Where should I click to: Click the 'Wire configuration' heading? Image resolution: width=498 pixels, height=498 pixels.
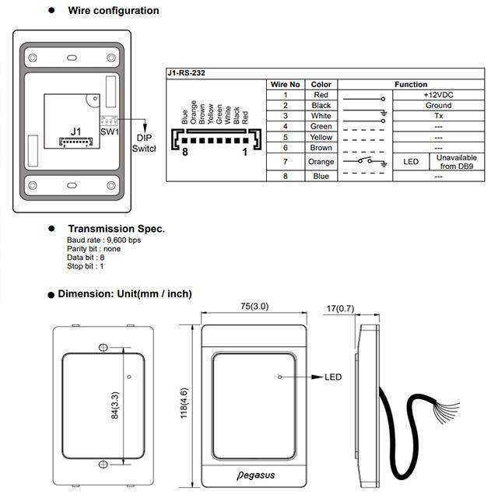click(x=114, y=11)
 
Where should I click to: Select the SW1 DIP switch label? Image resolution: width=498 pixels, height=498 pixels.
click(x=110, y=131)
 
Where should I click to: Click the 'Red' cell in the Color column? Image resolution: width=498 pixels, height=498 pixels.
click(x=321, y=95)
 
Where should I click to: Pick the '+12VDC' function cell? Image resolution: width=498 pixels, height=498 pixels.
click(x=438, y=95)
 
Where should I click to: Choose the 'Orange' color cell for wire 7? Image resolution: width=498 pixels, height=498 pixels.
click(x=321, y=162)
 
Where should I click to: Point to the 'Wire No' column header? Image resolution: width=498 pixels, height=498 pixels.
click(x=285, y=84)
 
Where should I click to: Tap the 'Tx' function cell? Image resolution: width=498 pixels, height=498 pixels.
click(x=438, y=116)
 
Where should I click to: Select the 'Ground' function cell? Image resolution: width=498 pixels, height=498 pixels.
click(x=438, y=105)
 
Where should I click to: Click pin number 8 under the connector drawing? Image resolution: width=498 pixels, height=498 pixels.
click(x=185, y=153)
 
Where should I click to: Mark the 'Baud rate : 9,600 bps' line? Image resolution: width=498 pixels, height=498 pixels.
click(x=104, y=240)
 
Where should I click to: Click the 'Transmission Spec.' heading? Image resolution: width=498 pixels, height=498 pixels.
click(x=116, y=229)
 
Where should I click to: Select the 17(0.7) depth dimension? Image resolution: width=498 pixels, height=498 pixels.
click(x=340, y=308)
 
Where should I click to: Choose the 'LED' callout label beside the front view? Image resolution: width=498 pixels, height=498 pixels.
click(x=333, y=377)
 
